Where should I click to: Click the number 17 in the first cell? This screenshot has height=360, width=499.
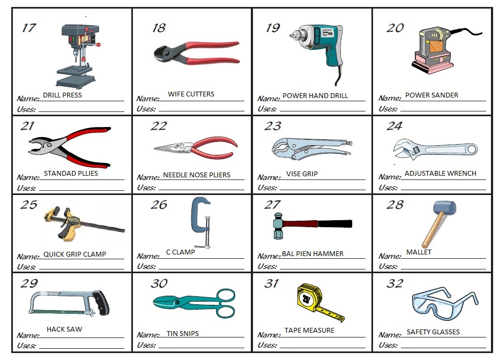29,27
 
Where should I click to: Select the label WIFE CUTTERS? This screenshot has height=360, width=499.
191,94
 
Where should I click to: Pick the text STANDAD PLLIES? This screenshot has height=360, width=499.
71,174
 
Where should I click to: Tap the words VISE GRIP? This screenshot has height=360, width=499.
302,174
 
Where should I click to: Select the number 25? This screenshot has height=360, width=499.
29,205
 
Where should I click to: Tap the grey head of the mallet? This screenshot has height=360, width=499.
444,208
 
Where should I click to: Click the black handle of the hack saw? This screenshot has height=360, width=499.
100,302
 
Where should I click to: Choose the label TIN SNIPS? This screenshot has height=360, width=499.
182,333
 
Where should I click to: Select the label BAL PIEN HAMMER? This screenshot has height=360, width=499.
312,253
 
